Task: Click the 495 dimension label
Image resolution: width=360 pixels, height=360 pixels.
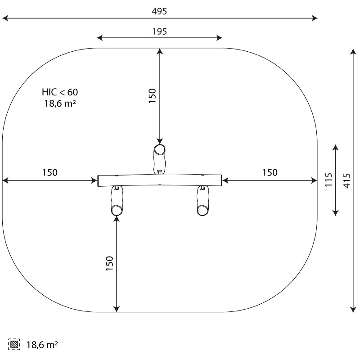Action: [159, 11]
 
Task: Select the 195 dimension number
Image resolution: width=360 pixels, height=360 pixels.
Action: [160, 31]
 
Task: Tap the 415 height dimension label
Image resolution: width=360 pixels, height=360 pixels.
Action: [347, 181]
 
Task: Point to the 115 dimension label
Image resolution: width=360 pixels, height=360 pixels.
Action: [329, 180]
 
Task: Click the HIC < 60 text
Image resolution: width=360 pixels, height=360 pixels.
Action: [60, 92]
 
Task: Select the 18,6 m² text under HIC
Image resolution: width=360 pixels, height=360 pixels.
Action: [60, 103]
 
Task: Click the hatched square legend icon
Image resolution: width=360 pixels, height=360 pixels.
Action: [14, 344]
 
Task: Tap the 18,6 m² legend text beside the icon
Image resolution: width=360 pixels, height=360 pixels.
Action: [42, 345]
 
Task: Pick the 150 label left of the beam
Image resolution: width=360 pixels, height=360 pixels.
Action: [50, 172]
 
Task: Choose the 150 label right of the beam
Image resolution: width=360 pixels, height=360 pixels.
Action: [270, 172]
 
